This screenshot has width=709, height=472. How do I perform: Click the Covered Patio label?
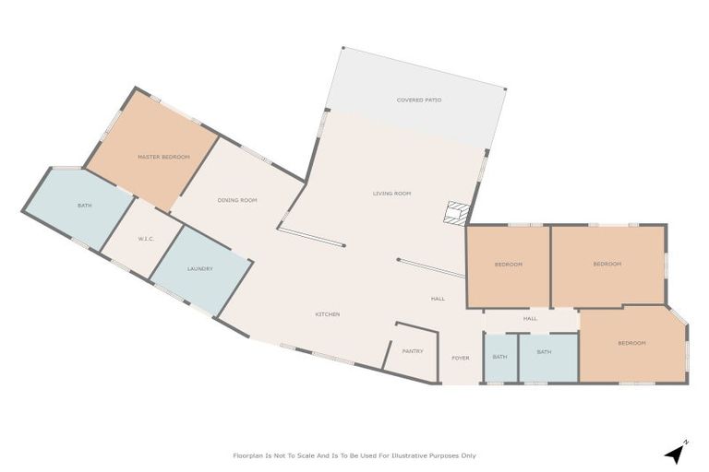pyautogui.click(x=418, y=100)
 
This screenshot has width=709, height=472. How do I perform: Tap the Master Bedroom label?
pyautogui.click(x=163, y=157)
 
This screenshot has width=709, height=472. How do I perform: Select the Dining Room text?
pyautogui.click(x=237, y=200)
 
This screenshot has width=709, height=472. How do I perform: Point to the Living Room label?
pyautogui.click(x=391, y=194)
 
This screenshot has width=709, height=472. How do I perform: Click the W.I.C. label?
pyautogui.click(x=145, y=239)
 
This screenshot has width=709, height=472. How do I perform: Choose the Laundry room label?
pyautogui.click(x=200, y=269)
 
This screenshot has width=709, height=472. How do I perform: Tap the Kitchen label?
pyautogui.click(x=328, y=314)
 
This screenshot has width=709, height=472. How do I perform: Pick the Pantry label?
pyautogui.click(x=412, y=351)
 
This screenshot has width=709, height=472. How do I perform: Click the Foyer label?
pyautogui.click(x=460, y=358)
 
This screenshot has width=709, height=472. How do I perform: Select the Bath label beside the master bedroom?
pyautogui.click(x=84, y=206)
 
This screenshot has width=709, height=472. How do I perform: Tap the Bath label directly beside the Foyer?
pyautogui.click(x=499, y=356)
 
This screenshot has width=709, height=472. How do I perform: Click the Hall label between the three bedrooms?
pyautogui.click(x=530, y=319)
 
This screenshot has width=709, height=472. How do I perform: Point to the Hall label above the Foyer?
pyautogui.click(x=438, y=299)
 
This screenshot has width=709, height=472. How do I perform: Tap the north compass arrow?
pyautogui.click(x=677, y=453)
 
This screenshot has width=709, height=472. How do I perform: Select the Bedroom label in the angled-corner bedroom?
pyautogui.click(x=631, y=343)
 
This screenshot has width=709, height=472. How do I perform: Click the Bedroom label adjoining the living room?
pyautogui.click(x=508, y=265)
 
